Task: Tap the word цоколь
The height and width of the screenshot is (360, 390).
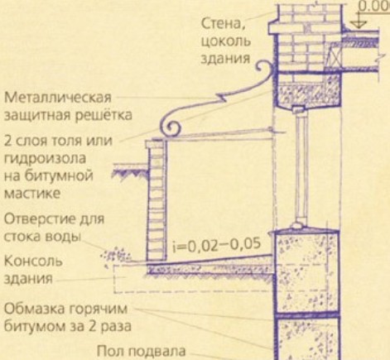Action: [226, 41]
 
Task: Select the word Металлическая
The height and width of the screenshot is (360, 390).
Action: [58, 97]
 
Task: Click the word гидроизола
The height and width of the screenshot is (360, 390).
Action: [45, 159]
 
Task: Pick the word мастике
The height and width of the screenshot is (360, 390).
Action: [32, 193]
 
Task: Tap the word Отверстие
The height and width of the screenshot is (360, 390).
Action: [40, 219]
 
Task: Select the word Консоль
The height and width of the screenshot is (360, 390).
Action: [33, 261]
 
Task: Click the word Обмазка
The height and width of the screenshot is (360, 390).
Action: [34, 309]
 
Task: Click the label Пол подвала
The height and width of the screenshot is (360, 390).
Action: [142, 352]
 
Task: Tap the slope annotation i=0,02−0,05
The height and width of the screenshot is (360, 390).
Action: [217, 245]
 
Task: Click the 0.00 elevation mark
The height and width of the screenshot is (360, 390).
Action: [373, 7]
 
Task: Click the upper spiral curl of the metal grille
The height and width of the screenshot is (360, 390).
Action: [264, 69]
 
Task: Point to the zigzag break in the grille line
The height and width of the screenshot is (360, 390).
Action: [222, 98]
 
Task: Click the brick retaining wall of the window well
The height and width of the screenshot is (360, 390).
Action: [156, 200]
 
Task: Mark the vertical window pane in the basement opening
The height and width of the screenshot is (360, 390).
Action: [301, 167]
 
